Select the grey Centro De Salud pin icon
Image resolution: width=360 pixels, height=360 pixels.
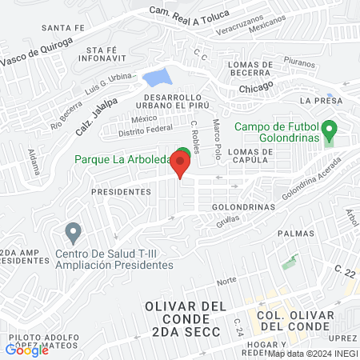tap(73, 234)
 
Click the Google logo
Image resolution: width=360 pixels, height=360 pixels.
tap(27, 350)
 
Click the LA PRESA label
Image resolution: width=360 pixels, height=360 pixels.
tap(321, 101)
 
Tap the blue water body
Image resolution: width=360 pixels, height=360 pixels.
tap(157, 78)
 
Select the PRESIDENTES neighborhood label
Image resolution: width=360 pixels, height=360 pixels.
tap(121, 192)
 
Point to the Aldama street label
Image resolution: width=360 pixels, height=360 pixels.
tap(34, 163)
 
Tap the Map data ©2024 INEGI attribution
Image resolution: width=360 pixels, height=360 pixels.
tap(313, 353)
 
